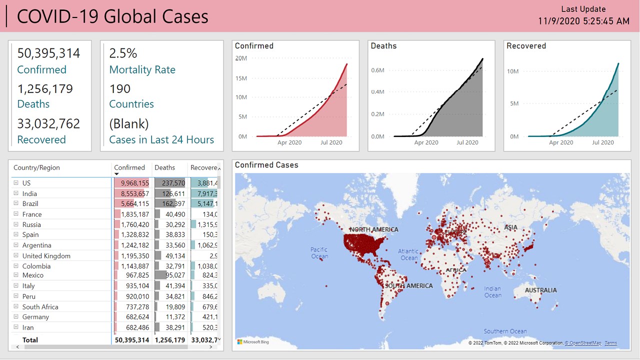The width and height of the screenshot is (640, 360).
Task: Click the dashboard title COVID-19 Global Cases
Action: coord(112,16)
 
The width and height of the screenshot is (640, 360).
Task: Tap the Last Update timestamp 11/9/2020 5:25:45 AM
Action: coord(583,21)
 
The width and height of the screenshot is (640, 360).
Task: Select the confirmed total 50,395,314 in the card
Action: coord(48,53)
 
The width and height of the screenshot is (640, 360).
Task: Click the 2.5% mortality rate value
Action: coord(123,53)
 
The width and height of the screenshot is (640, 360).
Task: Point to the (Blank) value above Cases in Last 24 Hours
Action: coord(129,124)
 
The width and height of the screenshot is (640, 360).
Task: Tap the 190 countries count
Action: coord(120,89)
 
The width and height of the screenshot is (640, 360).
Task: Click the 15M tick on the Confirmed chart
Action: coord(241,78)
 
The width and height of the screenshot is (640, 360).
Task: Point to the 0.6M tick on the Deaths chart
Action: coord(377,70)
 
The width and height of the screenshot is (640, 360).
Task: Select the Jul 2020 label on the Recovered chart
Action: coord(602,142)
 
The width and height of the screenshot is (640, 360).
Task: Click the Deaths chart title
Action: coord(383,46)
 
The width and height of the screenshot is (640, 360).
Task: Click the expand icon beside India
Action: coord(16,193)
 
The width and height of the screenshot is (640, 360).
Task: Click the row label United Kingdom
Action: coord(46,256)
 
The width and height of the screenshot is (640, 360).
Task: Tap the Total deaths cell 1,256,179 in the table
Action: coord(169,340)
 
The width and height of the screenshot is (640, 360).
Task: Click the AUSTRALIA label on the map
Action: coord(540,290)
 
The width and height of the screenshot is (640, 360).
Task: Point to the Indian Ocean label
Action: coord(492,292)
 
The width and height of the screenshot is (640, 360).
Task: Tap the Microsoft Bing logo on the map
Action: coord(253,342)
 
